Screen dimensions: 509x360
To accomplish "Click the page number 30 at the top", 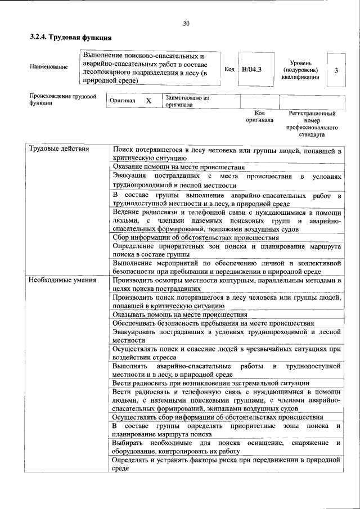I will tap(186, 24).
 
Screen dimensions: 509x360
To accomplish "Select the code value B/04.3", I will tap(251, 69).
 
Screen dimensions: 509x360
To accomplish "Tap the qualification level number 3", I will tap(336, 70).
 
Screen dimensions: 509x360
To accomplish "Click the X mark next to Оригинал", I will tap(148, 101).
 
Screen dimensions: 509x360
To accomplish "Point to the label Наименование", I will tap(49, 67).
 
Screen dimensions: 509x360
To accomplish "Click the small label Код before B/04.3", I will tap(229, 69).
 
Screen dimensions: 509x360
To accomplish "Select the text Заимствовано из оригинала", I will tap(187, 101).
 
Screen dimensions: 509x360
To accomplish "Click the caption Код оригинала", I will tap(259, 116).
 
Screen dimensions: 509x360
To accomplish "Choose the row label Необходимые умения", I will tap(62, 280).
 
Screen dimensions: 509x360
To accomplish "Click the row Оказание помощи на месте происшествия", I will tap(178, 167).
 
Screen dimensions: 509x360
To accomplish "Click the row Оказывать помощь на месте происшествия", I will tap(179, 314).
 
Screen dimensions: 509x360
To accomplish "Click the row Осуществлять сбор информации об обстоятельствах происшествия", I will tap(217, 417).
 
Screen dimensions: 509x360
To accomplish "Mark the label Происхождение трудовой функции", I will tap(59, 100).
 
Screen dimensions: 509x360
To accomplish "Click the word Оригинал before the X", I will tap(123, 101).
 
